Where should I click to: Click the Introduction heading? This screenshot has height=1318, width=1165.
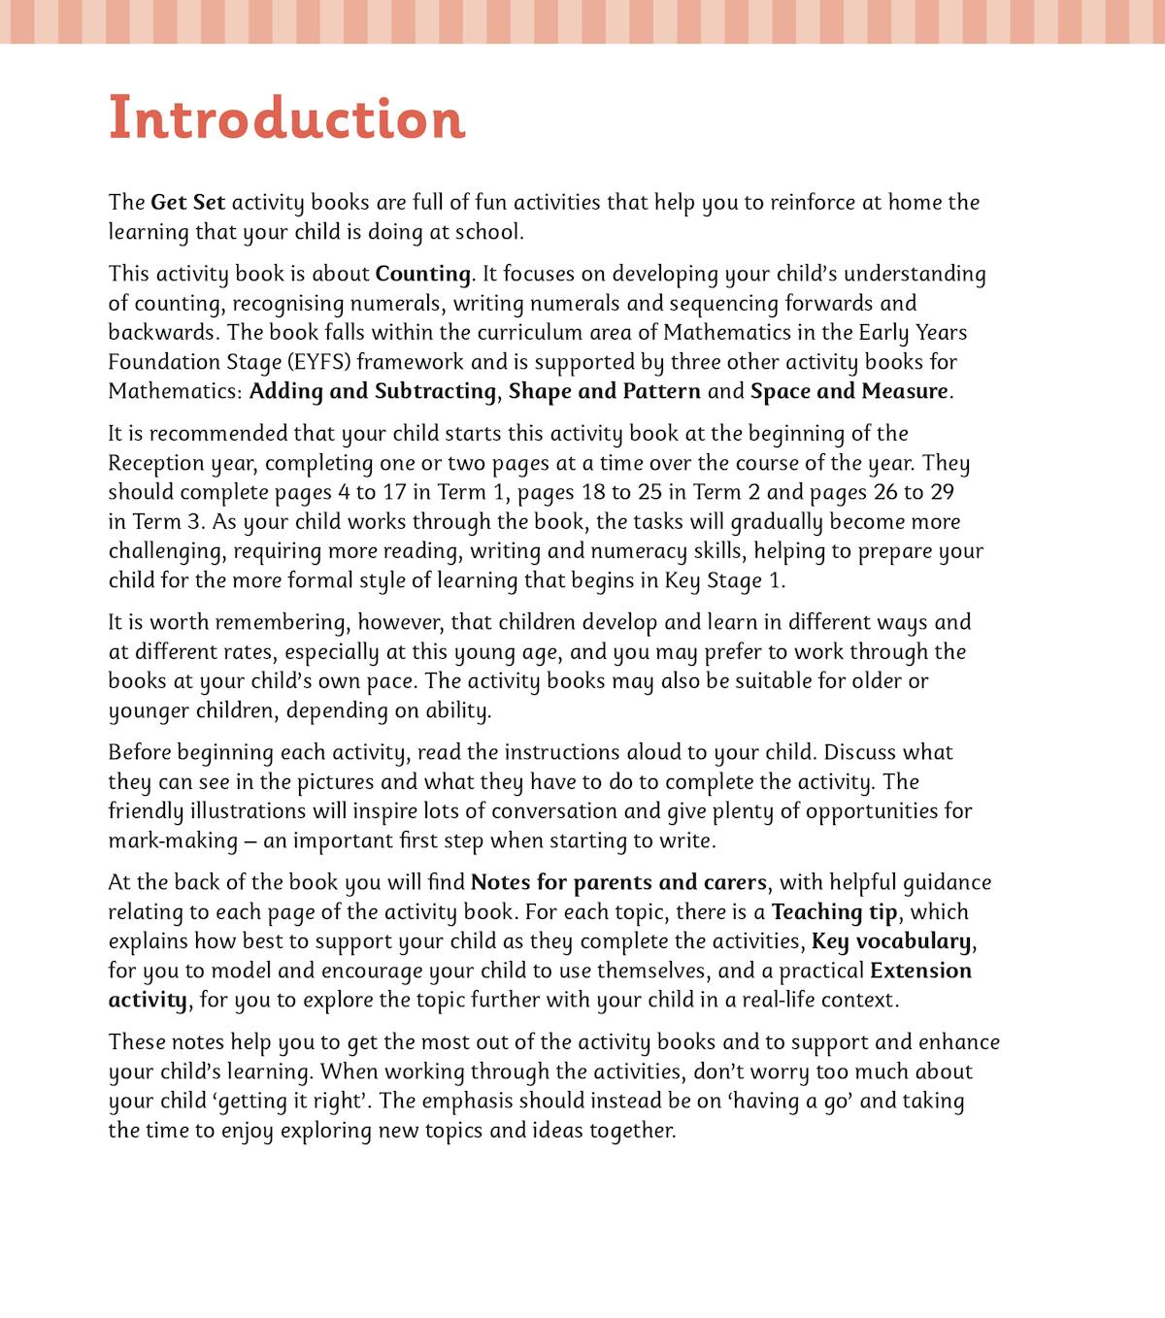pos(286,118)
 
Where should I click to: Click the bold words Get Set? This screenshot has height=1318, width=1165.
pos(187,203)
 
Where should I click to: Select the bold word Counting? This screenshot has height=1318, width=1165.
pos(422,274)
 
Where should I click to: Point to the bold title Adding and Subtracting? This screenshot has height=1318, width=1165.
pos(373,391)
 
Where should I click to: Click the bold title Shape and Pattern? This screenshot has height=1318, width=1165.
pos(604,391)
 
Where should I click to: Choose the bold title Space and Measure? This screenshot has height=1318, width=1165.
pos(849,391)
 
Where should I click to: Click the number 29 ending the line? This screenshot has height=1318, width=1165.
pos(941,492)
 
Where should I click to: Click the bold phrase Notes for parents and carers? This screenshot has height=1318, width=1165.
pos(618,883)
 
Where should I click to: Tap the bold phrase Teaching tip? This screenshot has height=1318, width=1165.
pos(834,912)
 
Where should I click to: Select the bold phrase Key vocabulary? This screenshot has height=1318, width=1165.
pos(890,941)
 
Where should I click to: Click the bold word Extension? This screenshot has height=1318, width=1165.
pos(920,971)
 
